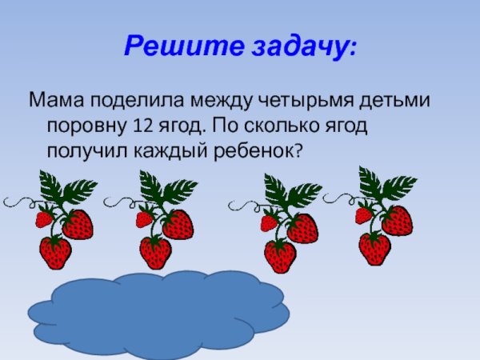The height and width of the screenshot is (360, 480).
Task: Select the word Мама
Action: point(56,102)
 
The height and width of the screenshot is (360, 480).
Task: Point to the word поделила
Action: point(136,102)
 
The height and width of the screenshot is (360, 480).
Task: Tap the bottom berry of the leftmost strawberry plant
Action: point(56,253)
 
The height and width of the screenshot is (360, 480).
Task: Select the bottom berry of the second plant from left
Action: point(155,253)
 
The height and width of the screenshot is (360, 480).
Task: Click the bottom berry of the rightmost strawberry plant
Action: point(374,248)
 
